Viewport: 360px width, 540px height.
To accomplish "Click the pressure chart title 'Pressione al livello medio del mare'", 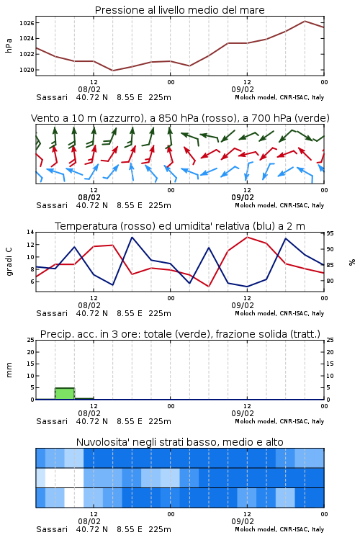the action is click(x=180, y=10).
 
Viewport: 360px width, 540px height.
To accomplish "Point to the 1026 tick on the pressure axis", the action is click(x=27, y=23).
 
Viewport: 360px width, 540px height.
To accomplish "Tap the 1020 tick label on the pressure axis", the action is click(x=27, y=70).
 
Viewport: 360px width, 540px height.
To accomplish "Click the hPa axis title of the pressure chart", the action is click(x=9, y=45).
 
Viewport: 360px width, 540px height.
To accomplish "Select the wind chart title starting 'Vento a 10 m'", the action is click(x=180, y=118).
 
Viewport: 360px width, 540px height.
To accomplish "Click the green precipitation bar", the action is click(x=65, y=394).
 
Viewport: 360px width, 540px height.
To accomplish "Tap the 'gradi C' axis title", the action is click(x=9, y=262).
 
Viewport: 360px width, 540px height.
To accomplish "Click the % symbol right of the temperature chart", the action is click(x=352, y=262).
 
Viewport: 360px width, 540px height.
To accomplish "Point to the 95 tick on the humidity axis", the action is click(x=330, y=233).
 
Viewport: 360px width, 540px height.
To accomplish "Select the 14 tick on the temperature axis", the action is click(x=30, y=232).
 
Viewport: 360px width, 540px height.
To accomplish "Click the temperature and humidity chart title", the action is click(x=180, y=226).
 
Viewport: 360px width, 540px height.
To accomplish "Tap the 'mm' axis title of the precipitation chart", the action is click(x=9, y=370).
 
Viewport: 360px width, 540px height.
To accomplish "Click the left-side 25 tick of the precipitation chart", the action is click(x=30, y=340).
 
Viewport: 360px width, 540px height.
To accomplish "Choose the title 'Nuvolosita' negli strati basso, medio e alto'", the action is click(x=180, y=442).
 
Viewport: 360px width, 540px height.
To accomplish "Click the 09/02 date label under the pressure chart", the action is click(x=243, y=89).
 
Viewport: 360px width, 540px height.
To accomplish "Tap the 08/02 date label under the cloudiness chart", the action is click(x=89, y=521).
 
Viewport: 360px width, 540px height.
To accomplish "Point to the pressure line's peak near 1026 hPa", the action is click(x=305, y=21).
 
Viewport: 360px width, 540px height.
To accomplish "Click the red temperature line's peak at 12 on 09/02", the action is click(x=247, y=237).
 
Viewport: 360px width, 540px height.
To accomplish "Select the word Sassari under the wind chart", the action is click(x=52, y=206).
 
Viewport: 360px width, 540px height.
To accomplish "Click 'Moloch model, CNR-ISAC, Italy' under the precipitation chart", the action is click(x=279, y=421).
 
